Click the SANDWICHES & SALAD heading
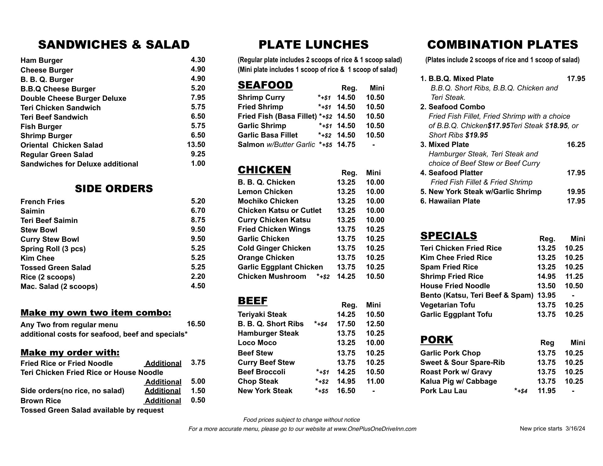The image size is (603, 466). coord(114,45)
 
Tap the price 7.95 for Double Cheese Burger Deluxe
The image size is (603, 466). coord(198,97)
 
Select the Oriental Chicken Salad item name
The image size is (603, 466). coord(62,145)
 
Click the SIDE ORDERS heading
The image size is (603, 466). coord(114,188)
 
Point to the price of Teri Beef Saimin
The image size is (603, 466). coord(198,220)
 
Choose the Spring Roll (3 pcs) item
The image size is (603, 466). coord(53,249)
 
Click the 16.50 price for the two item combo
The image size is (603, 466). coord(196,324)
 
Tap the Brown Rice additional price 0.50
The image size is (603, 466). coord(198,400)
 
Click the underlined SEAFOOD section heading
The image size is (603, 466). coord(265,85)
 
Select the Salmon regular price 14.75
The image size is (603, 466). coord(346,144)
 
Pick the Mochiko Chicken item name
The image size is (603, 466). coord(268,201)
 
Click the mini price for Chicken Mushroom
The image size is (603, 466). coord(375,276)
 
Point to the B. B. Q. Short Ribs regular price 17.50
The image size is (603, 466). coord(346,324)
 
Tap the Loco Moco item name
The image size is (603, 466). coord(257,343)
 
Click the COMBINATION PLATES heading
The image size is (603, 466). coord(503,45)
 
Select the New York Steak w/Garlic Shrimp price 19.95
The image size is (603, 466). coord(576,192)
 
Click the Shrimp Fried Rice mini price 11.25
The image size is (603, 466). coord(574,276)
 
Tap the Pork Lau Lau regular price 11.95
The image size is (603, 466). coord(546,391)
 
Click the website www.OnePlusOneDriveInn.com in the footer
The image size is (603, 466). coord(375,429)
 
